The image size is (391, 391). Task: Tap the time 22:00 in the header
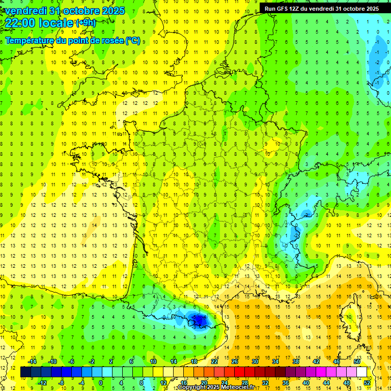point(21,23)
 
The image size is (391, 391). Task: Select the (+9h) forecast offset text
point(85,23)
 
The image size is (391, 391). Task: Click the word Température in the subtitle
point(31,40)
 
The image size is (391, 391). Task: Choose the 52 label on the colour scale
point(367,382)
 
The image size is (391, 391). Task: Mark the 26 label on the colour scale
point(235,361)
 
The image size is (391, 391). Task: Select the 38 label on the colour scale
point(296,361)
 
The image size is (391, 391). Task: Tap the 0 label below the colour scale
point(101,382)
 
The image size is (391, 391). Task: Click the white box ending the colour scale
point(361,372)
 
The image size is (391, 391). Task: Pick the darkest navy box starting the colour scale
point(25,372)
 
